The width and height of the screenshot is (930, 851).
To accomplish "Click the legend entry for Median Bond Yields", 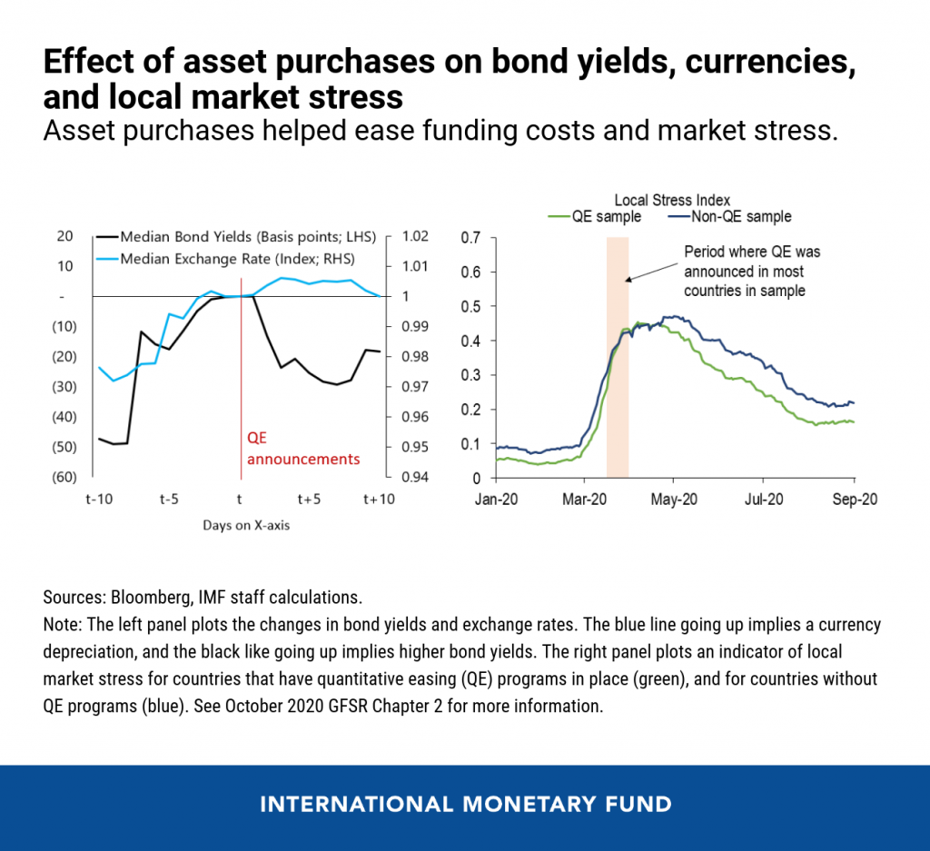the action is [236, 237].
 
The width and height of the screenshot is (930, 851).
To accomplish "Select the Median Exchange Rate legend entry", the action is [225, 259].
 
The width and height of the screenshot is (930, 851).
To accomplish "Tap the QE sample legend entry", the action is [595, 216].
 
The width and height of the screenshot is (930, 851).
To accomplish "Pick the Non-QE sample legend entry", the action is [729, 216].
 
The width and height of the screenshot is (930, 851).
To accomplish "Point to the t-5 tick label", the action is [169, 500].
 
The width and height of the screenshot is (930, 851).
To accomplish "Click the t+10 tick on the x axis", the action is [379, 500].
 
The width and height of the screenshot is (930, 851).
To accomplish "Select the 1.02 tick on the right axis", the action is [415, 236].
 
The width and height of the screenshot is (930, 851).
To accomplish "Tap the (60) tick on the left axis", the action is [64, 477].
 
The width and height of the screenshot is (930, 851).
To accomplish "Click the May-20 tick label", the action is [674, 500].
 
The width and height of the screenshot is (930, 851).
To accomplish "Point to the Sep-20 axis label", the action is [855, 500].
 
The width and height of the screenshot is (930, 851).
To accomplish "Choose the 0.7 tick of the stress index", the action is [471, 238].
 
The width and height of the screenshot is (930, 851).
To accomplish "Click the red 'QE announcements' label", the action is [303, 449].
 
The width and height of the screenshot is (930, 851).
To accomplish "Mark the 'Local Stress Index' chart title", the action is [672, 200].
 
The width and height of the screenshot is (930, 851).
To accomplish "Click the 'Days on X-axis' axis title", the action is [246, 526].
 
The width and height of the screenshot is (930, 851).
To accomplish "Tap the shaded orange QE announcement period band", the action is [618, 358].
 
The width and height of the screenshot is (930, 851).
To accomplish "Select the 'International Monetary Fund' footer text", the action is [466, 804].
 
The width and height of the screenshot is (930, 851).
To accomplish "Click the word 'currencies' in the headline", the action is [770, 62].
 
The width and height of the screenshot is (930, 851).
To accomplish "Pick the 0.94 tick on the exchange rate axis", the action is [415, 477].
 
